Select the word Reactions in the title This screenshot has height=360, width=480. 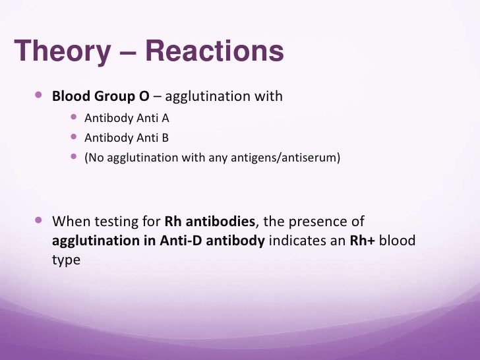coord(214,52)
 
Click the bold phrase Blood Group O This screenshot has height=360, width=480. coord(101,97)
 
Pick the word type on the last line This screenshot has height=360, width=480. coord(66,260)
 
